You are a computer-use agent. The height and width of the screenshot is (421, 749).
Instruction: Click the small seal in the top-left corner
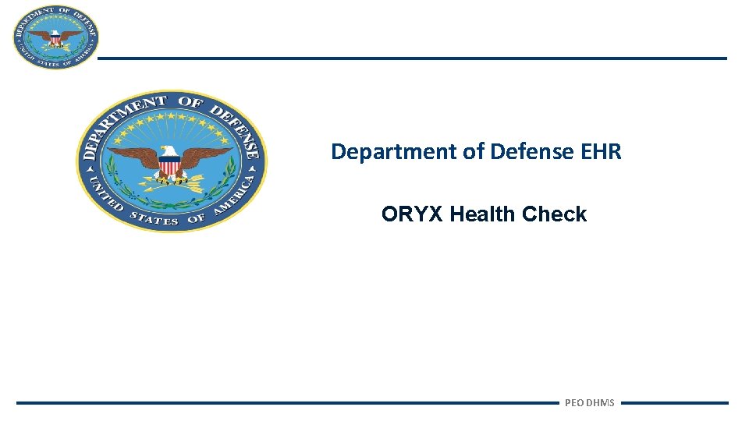coord(55,37)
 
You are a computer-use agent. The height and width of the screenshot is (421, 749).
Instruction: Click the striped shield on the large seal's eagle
coord(169,166)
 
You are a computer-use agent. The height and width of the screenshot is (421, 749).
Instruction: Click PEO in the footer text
coord(573,403)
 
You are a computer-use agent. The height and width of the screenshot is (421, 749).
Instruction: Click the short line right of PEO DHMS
coord(674,403)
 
